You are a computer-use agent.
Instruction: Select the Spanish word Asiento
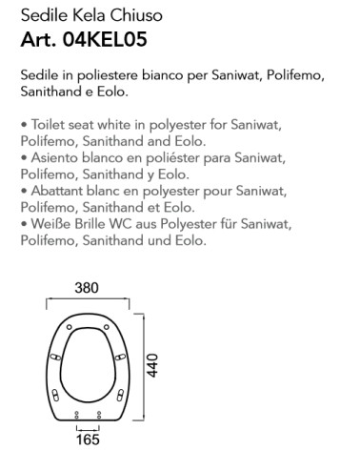[x=51, y=156]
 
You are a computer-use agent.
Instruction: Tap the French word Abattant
[x=56, y=190]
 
